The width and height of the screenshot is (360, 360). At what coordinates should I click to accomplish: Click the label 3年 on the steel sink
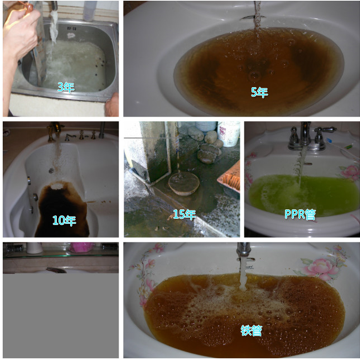pyautogui.click(x=65, y=88)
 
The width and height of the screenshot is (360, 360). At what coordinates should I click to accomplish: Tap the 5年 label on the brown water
pyautogui.click(x=259, y=92)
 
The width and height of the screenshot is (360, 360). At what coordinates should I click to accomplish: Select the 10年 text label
pyautogui.click(x=64, y=219)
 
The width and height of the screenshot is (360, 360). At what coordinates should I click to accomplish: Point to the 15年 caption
pyautogui.click(x=183, y=214)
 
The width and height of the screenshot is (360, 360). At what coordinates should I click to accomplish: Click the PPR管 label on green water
pyautogui.click(x=300, y=213)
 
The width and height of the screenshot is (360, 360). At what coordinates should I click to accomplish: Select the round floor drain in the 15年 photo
pyautogui.click(x=183, y=185)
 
